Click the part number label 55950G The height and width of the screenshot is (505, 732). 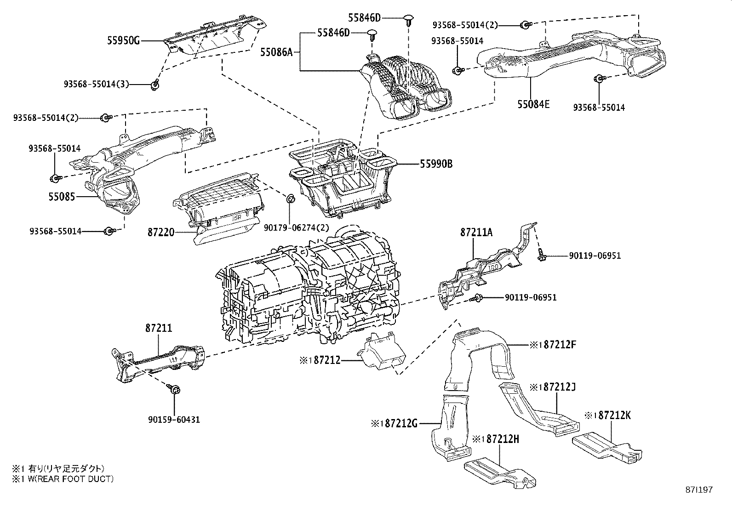pos(123,40)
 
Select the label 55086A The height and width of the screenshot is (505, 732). pos(276,52)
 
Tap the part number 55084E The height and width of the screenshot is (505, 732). pos(533,104)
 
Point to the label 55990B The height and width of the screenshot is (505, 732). pos(435,164)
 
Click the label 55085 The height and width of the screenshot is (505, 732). pos(62,197)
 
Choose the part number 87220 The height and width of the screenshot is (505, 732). pos(161,233)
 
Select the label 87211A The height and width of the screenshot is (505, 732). pos(476,233)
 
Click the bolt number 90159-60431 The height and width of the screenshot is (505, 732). pos(174,420)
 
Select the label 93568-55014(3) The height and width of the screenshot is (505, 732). pos(96,84)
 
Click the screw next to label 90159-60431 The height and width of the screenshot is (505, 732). pos(174,389)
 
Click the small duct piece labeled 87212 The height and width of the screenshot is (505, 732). pos(381,352)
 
